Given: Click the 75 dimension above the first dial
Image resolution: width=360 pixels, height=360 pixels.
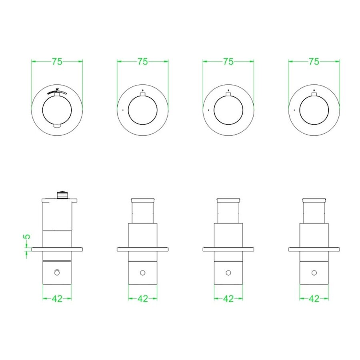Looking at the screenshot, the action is [x=57, y=62].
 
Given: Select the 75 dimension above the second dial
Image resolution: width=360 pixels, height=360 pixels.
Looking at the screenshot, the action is [x=142, y=62].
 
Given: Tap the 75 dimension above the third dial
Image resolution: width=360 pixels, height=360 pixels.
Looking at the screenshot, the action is [x=228, y=62].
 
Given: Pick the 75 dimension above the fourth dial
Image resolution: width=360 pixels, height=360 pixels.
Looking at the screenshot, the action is [x=314, y=62].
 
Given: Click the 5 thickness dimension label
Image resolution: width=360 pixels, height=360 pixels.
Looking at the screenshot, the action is [x=27, y=236].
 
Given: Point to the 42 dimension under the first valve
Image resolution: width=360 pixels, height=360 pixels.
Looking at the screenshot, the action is [x=57, y=299].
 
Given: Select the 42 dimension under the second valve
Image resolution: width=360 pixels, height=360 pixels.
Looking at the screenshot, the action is [x=142, y=299].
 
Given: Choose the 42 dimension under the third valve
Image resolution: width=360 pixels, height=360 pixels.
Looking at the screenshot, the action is [x=228, y=299].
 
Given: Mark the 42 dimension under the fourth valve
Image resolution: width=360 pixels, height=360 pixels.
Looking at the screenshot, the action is [x=314, y=299].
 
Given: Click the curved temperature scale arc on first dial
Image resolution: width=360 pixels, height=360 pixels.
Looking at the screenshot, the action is [x=57, y=92].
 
